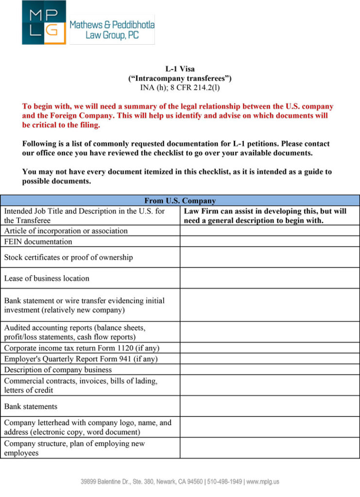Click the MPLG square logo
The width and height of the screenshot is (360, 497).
pos(44,22)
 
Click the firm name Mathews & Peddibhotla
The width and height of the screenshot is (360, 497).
pos(112,24)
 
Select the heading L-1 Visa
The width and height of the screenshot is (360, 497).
pos(180,69)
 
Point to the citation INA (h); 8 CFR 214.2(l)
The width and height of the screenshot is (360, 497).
pos(180,87)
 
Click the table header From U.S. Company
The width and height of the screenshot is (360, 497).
pos(180,201)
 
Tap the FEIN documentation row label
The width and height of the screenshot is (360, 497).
pos(38,242)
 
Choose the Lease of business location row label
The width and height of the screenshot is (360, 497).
pos(47,279)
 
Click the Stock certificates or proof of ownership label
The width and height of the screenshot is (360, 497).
pos(68,258)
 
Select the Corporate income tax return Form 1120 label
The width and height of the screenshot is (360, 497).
pos(82,348)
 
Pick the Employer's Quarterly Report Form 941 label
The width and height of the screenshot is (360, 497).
pos(81,359)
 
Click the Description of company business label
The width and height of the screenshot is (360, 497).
pos(58,370)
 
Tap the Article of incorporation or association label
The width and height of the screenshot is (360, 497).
pos(66,231)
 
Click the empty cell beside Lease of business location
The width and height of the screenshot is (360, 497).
pos(270,279)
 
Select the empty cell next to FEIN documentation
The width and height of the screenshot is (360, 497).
pos(270,242)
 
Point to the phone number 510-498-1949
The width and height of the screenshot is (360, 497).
pos(224,482)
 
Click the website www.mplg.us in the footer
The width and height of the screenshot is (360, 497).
pos(263,482)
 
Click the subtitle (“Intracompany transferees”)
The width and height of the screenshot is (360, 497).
pos(180,78)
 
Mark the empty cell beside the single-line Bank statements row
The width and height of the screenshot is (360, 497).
pos(270,407)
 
